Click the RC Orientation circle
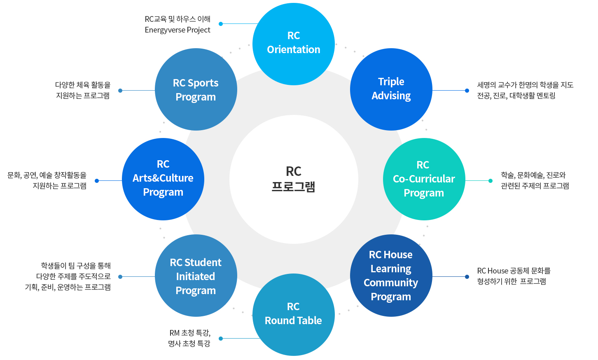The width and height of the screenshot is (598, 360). [x=293, y=44]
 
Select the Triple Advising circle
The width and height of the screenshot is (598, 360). [x=391, y=89]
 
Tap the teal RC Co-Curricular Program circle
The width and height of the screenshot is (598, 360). [x=424, y=179]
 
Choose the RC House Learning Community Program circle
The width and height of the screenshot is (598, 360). [x=391, y=275]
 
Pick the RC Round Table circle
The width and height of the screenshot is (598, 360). [x=293, y=314]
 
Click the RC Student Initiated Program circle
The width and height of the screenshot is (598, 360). [x=196, y=276]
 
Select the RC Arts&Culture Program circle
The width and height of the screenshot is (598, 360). [x=163, y=179]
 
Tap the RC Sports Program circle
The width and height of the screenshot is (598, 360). [x=196, y=89]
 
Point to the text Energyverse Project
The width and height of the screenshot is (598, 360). [x=178, y=30]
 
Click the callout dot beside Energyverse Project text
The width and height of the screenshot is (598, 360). [x=221, y=24]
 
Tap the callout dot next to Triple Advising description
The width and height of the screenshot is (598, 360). [x=467, y=91]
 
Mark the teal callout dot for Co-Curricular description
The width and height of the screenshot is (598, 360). [x=490, y=181]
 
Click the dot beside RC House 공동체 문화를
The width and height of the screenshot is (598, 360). [x=467, y=277]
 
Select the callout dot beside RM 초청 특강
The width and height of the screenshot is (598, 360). [x=221, y=339]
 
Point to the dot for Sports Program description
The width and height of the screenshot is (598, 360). [x=120, y=91]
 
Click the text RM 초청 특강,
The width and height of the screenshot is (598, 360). [x=190, y=333]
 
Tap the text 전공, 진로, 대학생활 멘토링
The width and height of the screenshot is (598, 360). [x=516, y=96]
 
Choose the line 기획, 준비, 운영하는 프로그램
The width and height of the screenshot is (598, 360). [x=68, y=287]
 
